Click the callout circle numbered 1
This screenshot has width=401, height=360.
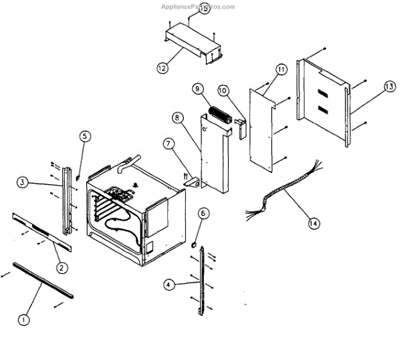pos(24,319)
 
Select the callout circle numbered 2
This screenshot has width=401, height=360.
pos(61,268)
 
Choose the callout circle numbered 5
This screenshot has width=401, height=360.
pos(84,136)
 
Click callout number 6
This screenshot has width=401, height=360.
pos(204,213)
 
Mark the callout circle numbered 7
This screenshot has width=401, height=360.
pos(167,144)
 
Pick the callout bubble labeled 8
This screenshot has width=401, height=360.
pos(177,118)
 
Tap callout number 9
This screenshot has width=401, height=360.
pos(197,88)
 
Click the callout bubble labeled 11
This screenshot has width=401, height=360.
pos(280,69)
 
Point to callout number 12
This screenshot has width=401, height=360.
pos(162,67)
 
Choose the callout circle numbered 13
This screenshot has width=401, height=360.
pos(389,87)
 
